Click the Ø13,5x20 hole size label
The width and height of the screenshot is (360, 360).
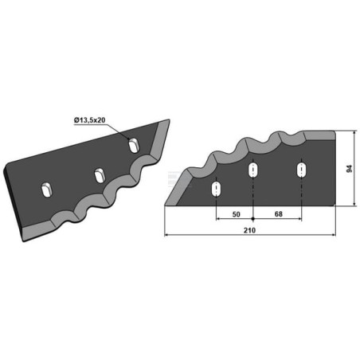(x=89, y=120)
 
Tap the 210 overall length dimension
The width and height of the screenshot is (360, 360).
(x=249, y=230)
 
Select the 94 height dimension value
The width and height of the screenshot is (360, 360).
(x=350, y=169)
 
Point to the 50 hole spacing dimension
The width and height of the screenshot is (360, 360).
(x=236, y=214)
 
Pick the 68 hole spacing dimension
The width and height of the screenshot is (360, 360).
(x=278, y=214)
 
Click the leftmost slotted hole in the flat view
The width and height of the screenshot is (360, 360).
(x=216, y=189)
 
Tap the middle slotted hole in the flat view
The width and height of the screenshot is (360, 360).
(x=253, y=170)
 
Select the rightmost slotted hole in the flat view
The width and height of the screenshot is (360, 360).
(x=301, y=170)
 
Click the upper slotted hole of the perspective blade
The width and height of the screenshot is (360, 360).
(x=134, y=145)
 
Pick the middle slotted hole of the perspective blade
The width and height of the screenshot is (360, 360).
(x=100, y=175)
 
